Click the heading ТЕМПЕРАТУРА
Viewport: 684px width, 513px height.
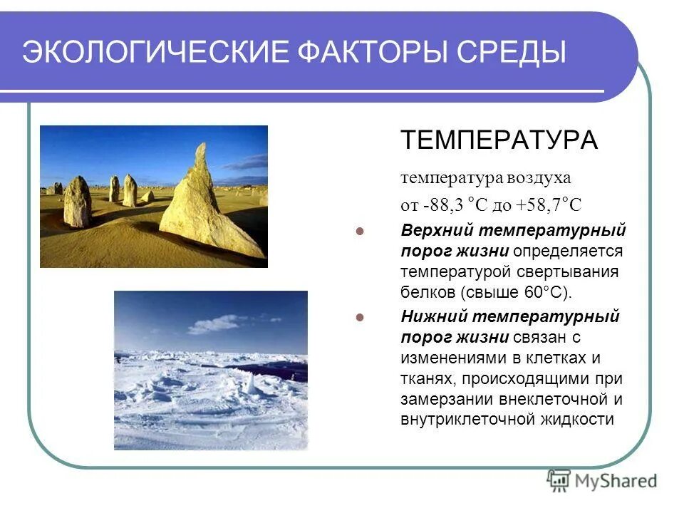(x=499, y=140)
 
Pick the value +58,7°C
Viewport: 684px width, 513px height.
(x=549, y=206)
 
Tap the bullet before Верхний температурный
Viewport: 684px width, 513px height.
(x=360, y=232)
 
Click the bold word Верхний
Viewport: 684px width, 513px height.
(x=435, y=231)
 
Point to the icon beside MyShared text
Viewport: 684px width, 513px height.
(x=559, y=480)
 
